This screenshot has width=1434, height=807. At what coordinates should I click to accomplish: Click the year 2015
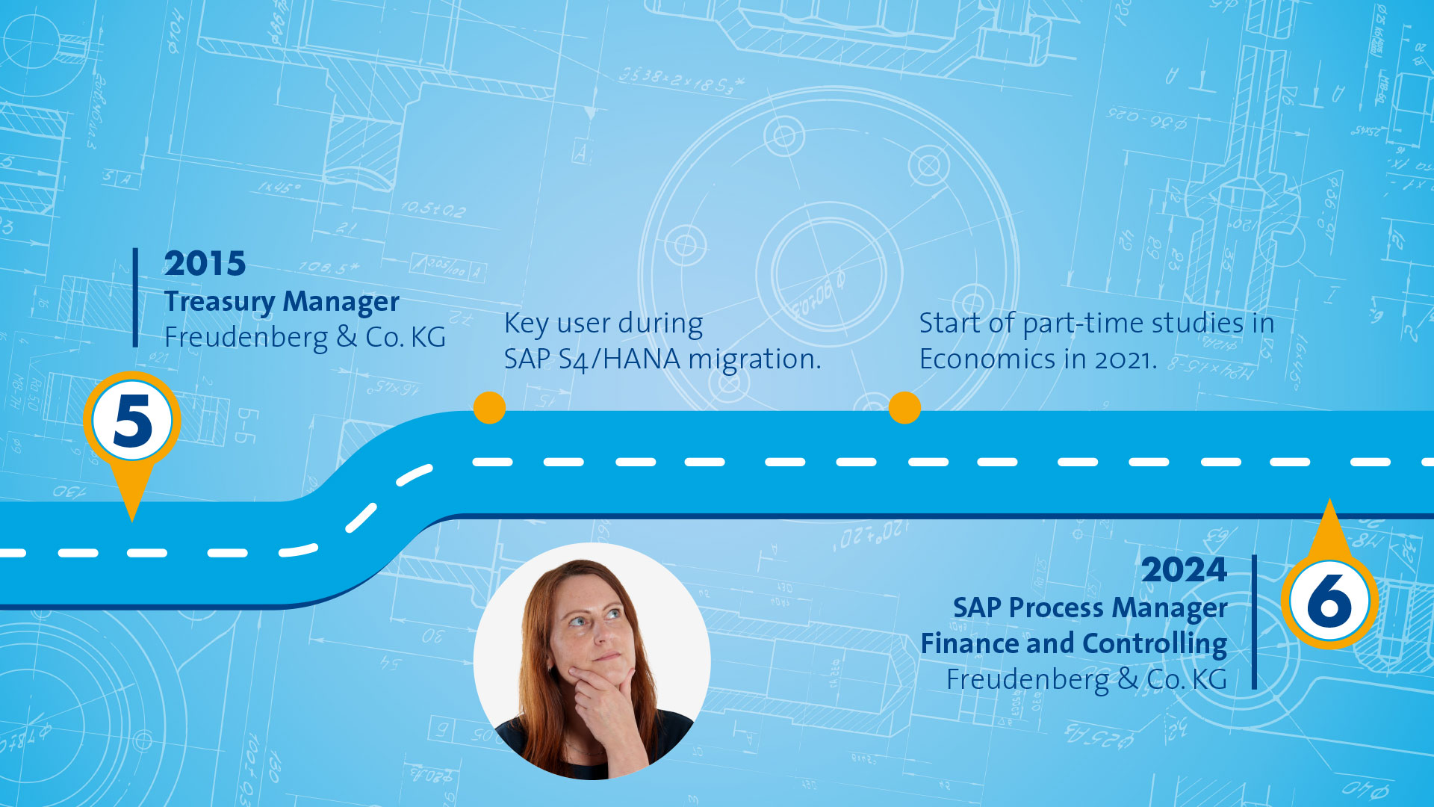[x=205, y=264]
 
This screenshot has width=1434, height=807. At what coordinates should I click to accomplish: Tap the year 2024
[x=1184, y=570]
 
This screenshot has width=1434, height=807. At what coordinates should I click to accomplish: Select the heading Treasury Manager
[x=282, y=302]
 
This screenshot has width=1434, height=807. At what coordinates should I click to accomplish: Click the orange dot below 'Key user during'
[x=489, y=408]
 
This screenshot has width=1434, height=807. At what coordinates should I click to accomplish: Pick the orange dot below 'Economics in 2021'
[x=904, y=408]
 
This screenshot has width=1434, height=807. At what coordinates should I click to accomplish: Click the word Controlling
[x=1154, y=644]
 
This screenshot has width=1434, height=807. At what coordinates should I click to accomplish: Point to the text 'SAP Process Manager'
[x=1090, y=608]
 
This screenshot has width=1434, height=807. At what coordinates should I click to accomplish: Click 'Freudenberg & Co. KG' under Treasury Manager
[x=305, y=338]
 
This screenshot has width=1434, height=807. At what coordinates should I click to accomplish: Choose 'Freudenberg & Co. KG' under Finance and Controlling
[x=1087, y=680]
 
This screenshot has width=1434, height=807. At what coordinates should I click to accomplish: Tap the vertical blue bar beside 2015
[x=135, y=297]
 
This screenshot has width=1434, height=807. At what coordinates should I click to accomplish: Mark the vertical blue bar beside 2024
[x=1254, y=622]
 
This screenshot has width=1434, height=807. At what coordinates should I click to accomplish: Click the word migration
[x=754, y=359]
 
